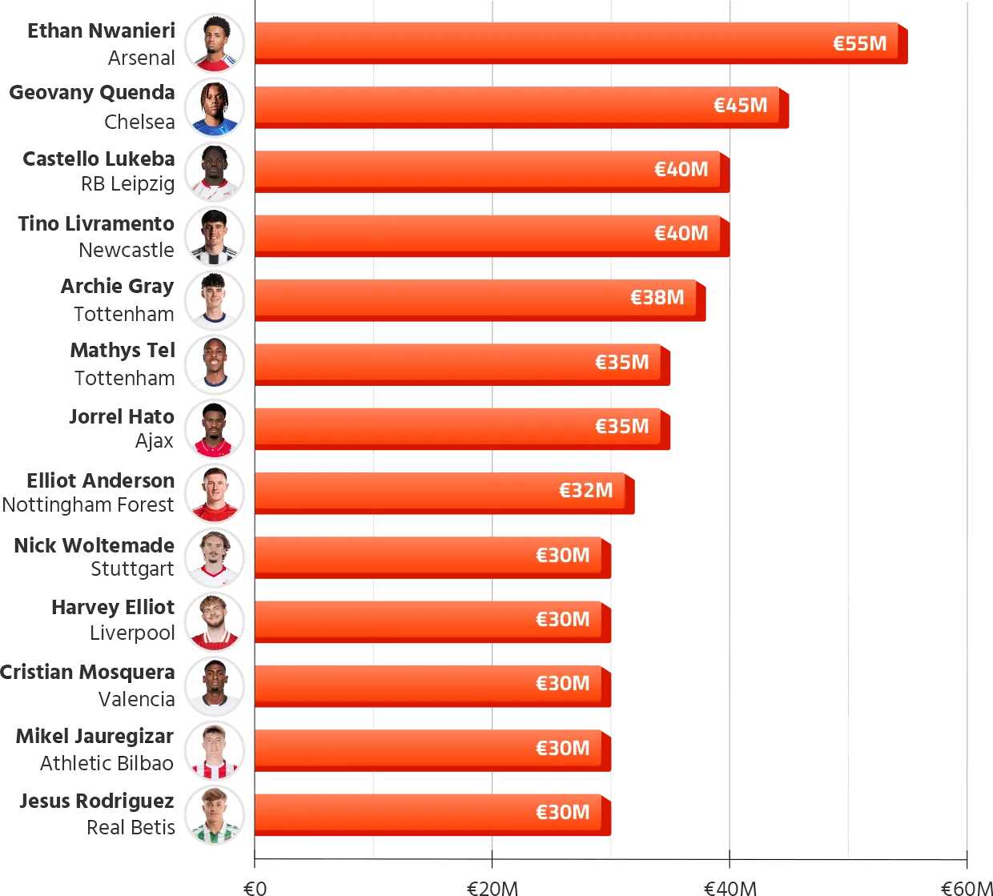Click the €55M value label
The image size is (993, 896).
pos(859,43)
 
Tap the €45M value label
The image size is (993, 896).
pos(740,106)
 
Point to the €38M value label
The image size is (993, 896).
pos(657,298)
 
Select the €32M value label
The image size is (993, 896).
pos(585,491)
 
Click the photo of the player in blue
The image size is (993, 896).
pos(215,106)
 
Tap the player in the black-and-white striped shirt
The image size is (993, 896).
pos(215,235)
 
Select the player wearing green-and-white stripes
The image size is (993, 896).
pos(215,814)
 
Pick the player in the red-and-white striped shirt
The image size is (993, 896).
pos(215,749)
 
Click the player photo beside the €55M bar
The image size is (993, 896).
pos(215,42)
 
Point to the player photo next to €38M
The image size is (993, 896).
pos(215,299)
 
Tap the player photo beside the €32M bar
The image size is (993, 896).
pos(215,492)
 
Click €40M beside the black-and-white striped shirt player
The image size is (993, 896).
pos(681,234)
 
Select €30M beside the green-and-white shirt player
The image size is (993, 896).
pos(562,813)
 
